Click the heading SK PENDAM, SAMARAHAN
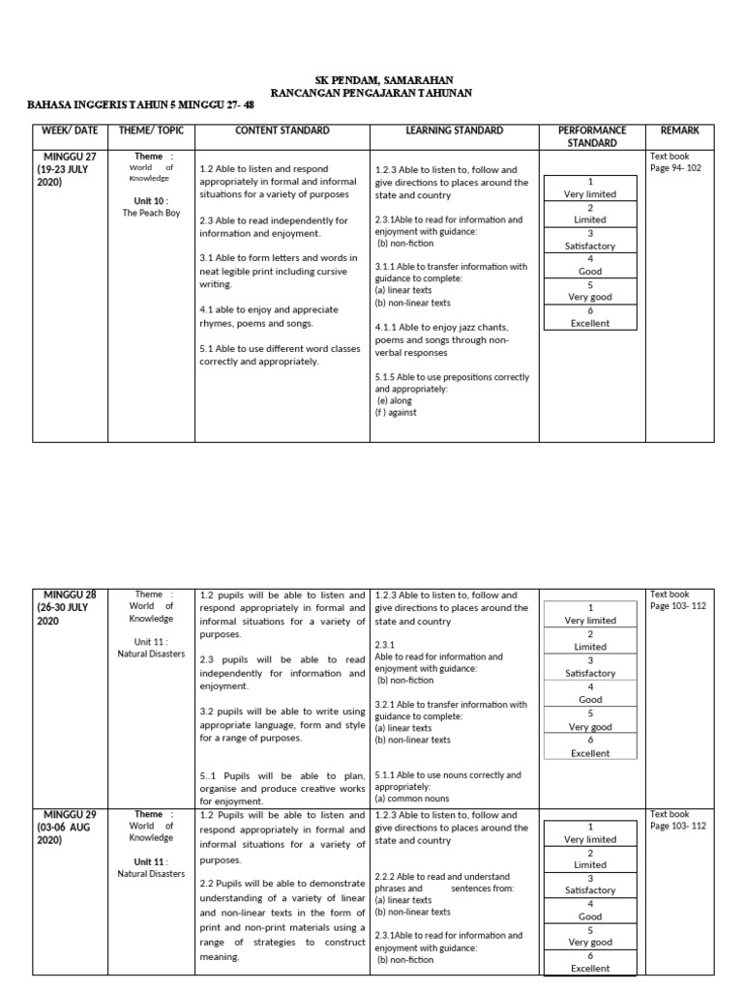coord(371,79)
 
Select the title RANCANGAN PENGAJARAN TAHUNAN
coord(371,93)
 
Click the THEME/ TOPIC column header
coord(150,131)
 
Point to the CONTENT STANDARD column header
coord(282,131)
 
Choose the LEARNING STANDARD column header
coord(454,131)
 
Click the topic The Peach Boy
coord(151,214)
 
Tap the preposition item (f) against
coord(398,413)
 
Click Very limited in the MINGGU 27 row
coord(590,194)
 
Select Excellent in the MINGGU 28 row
coord(590,753)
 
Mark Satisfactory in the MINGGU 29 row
coord(590,890)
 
